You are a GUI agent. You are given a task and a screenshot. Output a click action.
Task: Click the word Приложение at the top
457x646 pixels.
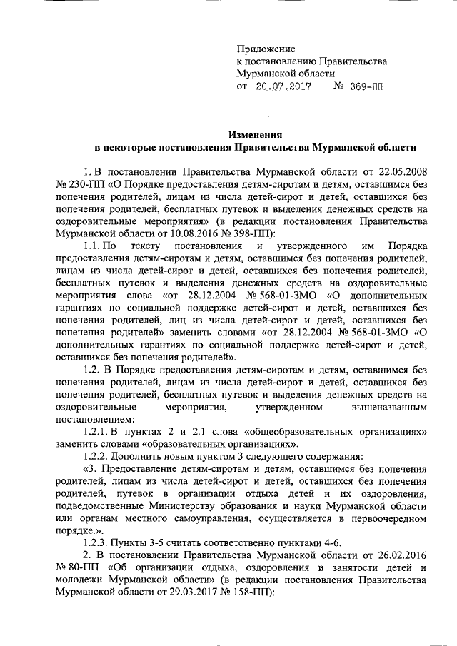coord(266,49)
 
